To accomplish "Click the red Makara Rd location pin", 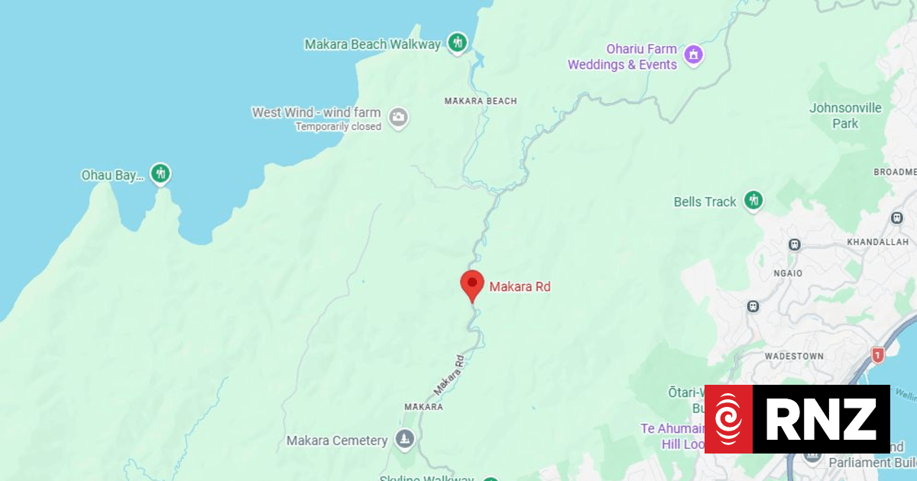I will click(472, 284).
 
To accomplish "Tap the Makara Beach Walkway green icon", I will click(458, 43).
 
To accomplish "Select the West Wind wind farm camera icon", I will click(398, 117).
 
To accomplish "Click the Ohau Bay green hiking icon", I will click(160, 173).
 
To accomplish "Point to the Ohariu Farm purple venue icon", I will click(693, 55).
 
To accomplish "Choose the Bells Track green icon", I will click(753, 201).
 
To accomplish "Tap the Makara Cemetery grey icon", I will click(405, 440).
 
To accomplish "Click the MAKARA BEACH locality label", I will click(481, 101).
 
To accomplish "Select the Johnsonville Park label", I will click(845, 115).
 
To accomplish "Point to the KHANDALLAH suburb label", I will click(877, 242).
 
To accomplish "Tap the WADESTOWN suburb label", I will click(794, 356).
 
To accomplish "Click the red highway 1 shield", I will click(878, 355).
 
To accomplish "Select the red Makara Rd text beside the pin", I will click(520, 287).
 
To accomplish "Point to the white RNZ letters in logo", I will click(821, 419).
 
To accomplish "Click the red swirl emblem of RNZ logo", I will click(728, 419).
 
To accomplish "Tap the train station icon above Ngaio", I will click(795, 244).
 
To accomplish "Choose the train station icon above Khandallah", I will click(897, 218).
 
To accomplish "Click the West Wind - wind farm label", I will click(316, 113).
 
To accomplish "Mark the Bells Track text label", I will click(705, 202).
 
